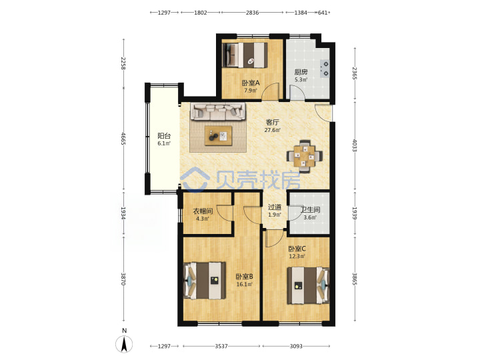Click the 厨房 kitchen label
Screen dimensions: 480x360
[x=301, y=72]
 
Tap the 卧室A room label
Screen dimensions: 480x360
[x=251, y=83]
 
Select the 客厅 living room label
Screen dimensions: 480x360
[x=272, y=123]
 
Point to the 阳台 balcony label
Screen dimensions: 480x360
[x=164, y=135]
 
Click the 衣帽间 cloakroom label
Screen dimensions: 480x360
[x=203, y=211]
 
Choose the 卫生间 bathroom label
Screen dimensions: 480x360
[x=310, y=210]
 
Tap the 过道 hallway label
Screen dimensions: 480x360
[x=274, y=207]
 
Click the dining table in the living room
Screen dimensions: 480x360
[x=304, y=157]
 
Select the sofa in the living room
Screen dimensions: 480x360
[x=218, y=111]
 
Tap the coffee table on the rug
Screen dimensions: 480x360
[x=218, y=135]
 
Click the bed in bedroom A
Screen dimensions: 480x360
[x=245, y=55]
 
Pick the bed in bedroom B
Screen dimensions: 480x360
[x=205, y=281]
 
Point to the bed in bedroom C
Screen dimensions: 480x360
[x=308, y=285]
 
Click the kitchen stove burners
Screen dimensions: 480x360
[x=325, y=69]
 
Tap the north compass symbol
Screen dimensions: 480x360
[x=124, y=344]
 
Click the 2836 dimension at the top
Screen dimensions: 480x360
[x=252, y=13]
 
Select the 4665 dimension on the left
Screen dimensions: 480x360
[x=123, y=139]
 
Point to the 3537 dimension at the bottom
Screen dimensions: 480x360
[x=221, y=346]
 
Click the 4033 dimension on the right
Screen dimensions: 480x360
[x=355, y=146]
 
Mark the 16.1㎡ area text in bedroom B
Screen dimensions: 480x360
[x=244, y=285]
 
